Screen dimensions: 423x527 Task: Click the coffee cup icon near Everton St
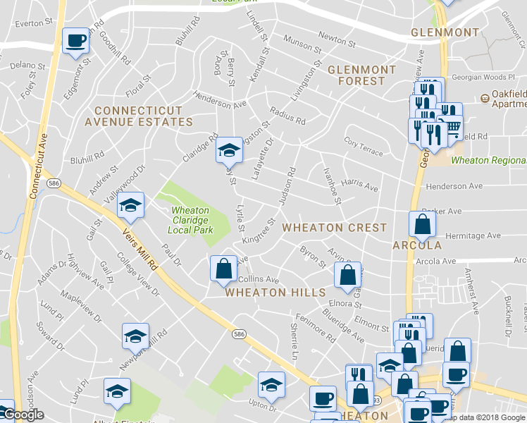(x=75, y=40)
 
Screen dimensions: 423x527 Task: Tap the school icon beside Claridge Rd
(x=228, y=149)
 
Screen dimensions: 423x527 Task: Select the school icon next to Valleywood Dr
(x=130, y=204)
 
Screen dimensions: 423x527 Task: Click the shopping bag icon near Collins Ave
(x=223, y=269)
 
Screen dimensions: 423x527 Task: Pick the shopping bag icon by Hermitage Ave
(x=422, y=224)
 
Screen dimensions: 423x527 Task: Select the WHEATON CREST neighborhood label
(x=335, y=228)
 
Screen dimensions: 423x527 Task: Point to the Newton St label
(x=335, y=35)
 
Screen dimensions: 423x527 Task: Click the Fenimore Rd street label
(x=315, y=328)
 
